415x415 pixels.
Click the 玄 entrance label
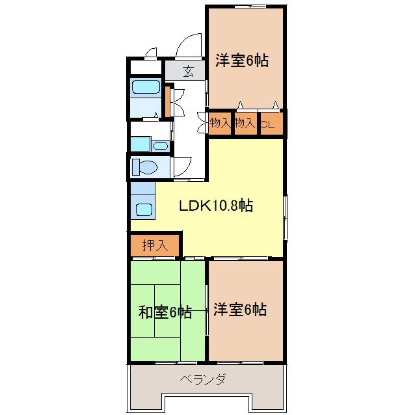[187, 71]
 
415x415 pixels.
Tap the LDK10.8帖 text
[216, 206]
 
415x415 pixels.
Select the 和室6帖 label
[165, 312]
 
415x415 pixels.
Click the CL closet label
[267, 123]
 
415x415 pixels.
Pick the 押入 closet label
[155, 245]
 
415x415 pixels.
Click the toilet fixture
[144, 167]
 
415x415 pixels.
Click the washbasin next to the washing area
[141, 144]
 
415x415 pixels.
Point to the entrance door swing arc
[189, 46]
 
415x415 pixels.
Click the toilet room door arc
[182, 167]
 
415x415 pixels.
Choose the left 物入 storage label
[220, 123]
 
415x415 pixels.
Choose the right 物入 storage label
[244, 123]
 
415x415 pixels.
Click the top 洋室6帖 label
[241, 61]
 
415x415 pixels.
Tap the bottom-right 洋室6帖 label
[239, 310]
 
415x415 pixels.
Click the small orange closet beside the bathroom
[167, 100]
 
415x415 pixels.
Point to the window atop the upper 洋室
[246, 7]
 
